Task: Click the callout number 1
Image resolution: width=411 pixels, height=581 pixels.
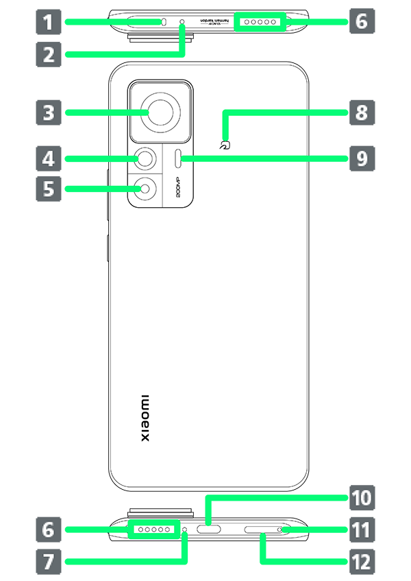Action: click(x=47, y=23)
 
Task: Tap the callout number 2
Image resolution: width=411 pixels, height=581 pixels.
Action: click(x=48, y=54)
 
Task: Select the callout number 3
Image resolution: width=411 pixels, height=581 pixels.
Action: click(x=48, y=112)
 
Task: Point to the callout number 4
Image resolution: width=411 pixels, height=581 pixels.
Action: click(x=48, y=160)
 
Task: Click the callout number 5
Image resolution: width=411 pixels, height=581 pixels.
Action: click(x=48, y=189)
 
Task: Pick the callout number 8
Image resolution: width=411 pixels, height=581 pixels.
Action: click(x=362, y=112)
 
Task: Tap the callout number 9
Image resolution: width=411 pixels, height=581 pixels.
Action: click(x=362, y=160)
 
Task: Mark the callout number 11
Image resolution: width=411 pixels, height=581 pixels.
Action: click(x=360, y=530)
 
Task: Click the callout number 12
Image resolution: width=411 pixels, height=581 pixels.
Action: click(x=360, y=562)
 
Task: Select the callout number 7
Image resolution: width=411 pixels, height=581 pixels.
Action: click(x=48, y=562)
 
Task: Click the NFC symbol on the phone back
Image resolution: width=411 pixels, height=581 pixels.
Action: click(x=224, y=145)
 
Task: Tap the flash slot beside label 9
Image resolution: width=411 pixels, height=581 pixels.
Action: click(x=179, y=160)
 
